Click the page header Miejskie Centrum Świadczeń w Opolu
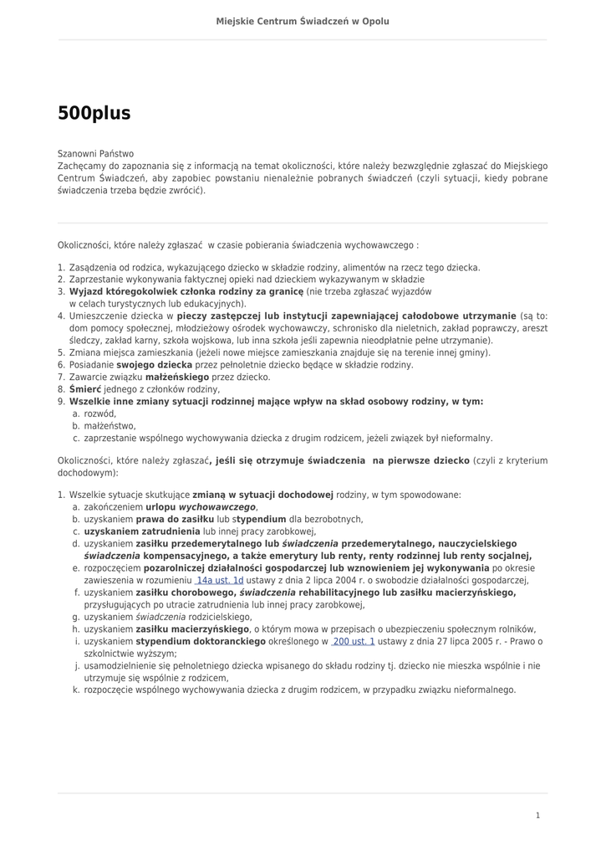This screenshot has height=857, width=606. tap(303, 21)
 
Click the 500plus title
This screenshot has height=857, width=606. tap(94, 114)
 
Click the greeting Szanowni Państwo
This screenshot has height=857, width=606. tap(95, 154)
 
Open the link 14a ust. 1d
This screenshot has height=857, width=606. tap(219, 580)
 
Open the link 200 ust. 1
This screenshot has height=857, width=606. tap(353, 642)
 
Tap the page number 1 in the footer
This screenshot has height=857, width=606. tap(537, 815)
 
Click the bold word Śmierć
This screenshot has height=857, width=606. tap(85, 389)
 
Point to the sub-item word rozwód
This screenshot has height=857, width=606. tap(99, 413)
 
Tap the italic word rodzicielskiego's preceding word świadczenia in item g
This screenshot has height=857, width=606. tap(160, 617)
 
